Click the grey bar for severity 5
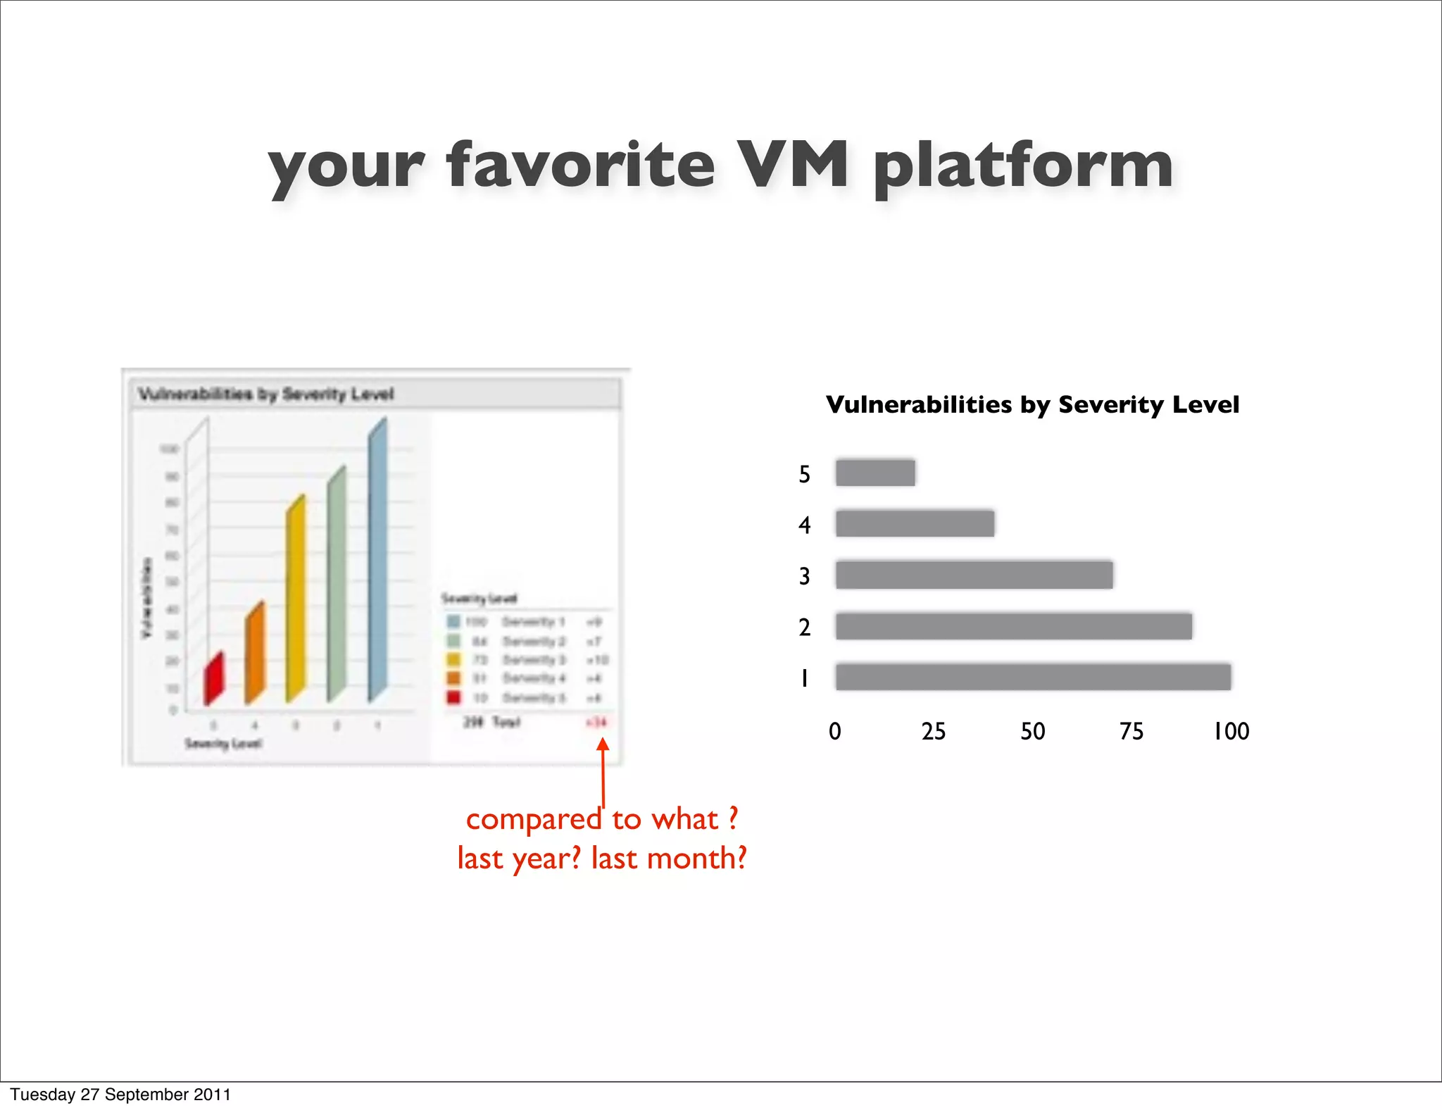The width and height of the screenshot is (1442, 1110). pos(875,473)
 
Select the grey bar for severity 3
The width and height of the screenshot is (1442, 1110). pos(974,575)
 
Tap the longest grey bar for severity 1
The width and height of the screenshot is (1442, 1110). pos(1033,677)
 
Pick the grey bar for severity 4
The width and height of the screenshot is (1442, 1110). pos(915,524)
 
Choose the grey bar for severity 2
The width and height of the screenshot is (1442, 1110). pos(1013,626)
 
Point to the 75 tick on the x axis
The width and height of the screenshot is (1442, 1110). pos(1131,731)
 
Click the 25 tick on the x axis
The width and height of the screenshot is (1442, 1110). pos(934,731)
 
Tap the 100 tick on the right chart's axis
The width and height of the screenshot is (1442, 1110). pos(1231,731)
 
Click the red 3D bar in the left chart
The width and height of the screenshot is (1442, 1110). pos(213,679)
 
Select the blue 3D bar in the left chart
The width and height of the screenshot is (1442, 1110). pos(377,560)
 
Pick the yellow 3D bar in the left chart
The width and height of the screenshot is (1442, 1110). pos(296,599)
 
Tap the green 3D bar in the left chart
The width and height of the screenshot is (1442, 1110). pos(337,585)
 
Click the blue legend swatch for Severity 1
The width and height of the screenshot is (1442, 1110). pos(453,621)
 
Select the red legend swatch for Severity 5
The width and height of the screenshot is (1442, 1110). pos(453,697)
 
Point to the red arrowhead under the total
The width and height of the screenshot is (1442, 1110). pos(603,744)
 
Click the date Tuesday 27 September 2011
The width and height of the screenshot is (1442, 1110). pos(120,1095)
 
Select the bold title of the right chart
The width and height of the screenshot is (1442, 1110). pos(1032,404)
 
